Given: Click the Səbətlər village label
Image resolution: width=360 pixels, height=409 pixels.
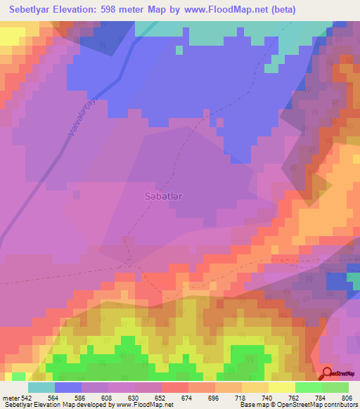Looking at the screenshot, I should (162, 197).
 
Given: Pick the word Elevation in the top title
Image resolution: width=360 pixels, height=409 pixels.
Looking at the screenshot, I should (85, 9).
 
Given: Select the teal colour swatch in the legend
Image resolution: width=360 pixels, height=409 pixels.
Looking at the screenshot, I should (41, 387).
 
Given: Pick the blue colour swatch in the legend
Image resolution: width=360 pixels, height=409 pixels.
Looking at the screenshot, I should (67, 387).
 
